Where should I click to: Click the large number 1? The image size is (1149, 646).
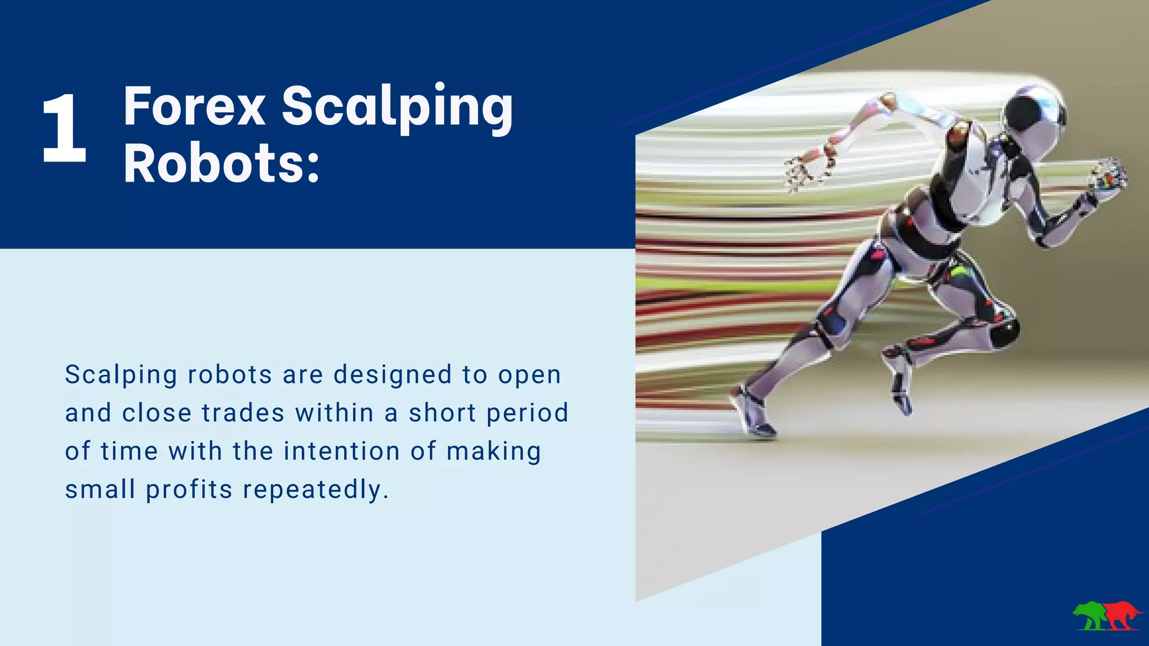tap(65, 129)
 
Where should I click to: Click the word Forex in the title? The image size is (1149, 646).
tap(194, 107)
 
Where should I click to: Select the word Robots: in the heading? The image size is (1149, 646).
tap(221, 164)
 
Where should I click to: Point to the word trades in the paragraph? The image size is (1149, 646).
tap(243, 413)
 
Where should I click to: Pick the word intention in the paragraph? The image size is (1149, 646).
tap(342, 451)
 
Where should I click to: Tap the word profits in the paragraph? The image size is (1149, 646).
tap(189, 489)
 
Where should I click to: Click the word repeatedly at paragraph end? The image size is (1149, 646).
tap(315, 489)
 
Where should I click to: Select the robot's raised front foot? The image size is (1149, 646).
tap(900, 393)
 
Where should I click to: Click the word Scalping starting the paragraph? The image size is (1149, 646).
tap(121, 375)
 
